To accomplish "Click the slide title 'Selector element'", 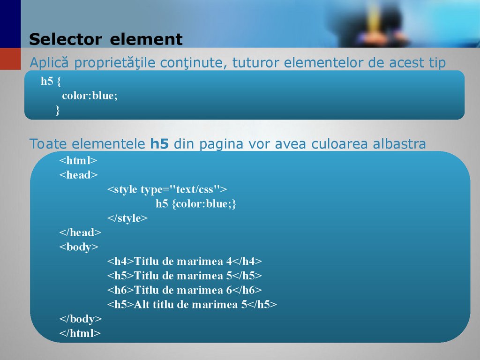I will tap(105, 39).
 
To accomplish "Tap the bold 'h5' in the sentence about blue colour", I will tap(159, 143).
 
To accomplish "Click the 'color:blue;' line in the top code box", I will tap(90, 96).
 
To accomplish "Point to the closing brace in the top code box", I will tap(58, 110).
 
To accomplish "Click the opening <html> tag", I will tap(78, 160).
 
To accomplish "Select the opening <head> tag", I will tap(78, 175).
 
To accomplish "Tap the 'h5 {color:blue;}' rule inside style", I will tap(196, 204).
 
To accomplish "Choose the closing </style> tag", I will tap(127, 218).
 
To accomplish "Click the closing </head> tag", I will tap(80, 232).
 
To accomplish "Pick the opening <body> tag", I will tap(79, 247).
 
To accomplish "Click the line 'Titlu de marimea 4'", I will tap(185, 261).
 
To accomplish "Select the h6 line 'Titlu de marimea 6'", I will tap(185, 290).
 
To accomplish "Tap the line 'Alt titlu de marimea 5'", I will tap(192, 304).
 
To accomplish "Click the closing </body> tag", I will tap(80, 319).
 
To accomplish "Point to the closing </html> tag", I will tap(80, 333).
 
